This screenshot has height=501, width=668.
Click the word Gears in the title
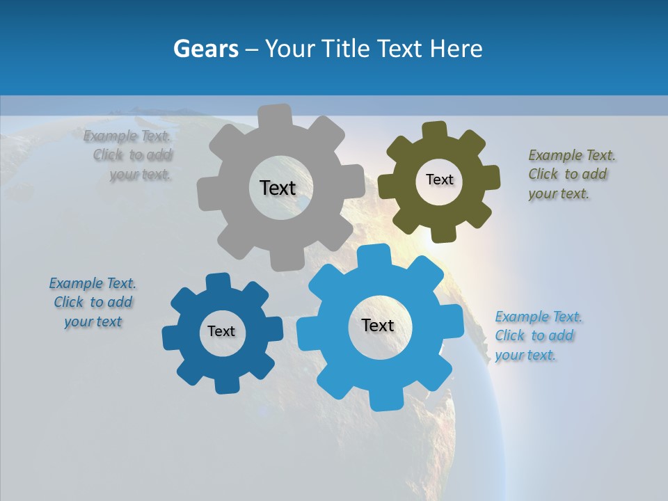tap(205, 49)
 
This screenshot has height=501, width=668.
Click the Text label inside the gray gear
tap(278, 188)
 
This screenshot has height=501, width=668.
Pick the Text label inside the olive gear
tap(439, 180)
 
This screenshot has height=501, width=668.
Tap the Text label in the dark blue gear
tap(221, 331)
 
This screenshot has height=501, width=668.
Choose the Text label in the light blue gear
tap(378, 325)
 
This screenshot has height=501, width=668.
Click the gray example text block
tap(128, 155)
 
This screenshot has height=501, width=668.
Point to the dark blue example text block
tap(93, 302)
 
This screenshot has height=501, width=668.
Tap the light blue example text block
tap(537, 335)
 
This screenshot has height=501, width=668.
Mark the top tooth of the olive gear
tap(435, 130)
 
